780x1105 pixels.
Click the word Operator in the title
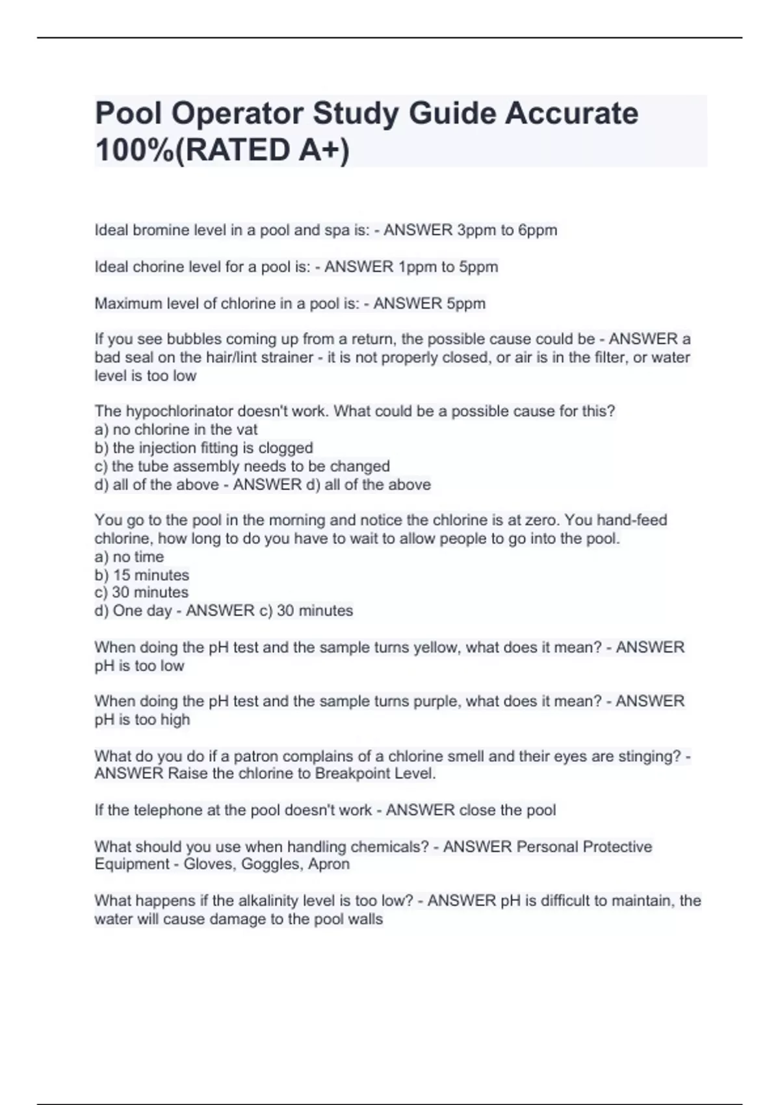[237, 114]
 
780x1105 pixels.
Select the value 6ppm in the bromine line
[538, 230]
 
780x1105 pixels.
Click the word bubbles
[194, 339]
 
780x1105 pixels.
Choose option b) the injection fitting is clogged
[203, 448]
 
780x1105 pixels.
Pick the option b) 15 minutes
[142, 575]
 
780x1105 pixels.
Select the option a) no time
[129, 557]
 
